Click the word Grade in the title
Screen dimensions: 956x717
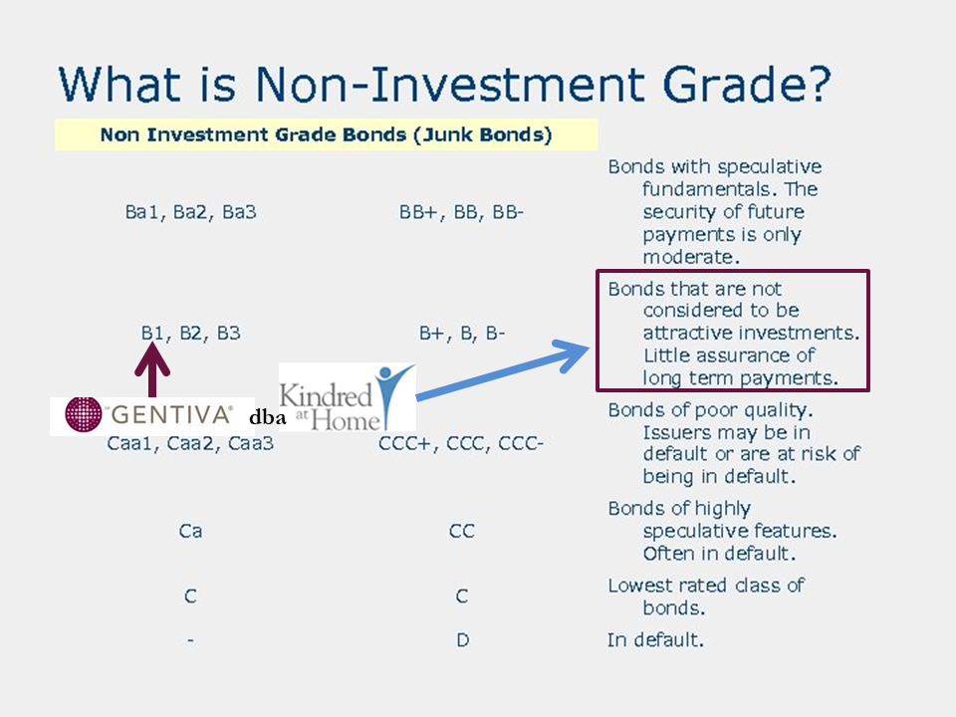[747, 84]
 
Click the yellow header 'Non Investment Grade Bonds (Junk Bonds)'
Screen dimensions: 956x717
[327, 134]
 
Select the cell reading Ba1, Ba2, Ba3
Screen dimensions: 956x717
[191, 212]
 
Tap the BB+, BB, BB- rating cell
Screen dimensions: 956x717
[461, 212]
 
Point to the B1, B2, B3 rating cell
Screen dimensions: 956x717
[191, 333]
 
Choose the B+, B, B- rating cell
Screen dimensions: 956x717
[461, 333]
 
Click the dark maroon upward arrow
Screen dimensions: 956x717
[151, 369]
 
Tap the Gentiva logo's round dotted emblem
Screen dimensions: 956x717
[84, 414]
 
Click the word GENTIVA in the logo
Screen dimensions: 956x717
[171, 415]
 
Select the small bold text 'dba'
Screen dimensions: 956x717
[267, 417]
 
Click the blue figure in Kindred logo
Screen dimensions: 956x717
[394, 394]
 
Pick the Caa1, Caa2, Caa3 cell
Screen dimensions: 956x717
[190, 443]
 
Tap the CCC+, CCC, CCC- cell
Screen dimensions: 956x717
[461, 443]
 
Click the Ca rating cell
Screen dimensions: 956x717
[190, 531]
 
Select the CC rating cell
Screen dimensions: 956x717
[461, 531]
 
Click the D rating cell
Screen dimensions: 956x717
[463, 640]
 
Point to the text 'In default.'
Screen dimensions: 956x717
[655, 640]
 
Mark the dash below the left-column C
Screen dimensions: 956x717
[191, 640]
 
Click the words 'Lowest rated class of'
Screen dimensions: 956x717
[706, 586]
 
